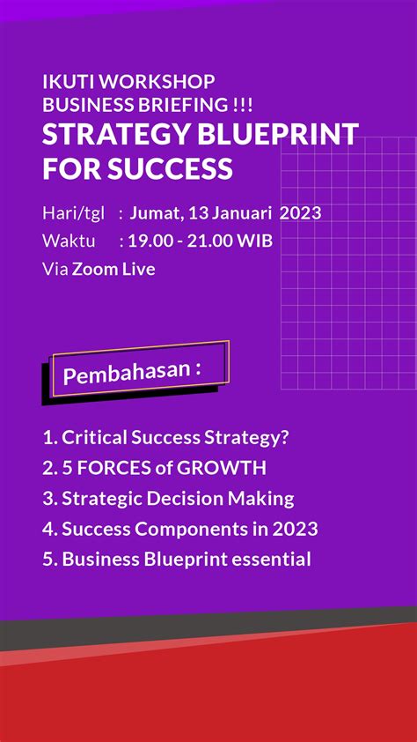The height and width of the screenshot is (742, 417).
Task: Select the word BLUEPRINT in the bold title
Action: tap(278, 135)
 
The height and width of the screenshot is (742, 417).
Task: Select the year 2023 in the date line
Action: tap(300, 213)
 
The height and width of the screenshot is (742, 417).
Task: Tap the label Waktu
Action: tap(69, 241)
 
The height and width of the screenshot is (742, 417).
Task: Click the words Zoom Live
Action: tap(113, 270)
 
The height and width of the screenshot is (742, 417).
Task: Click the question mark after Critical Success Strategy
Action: tap(283, 437)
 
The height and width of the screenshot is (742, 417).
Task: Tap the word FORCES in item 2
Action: tap(109, 468)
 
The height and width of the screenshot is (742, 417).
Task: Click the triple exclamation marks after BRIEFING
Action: tap(243, 105)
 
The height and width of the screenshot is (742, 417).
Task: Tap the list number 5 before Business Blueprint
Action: tap(48, 559)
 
